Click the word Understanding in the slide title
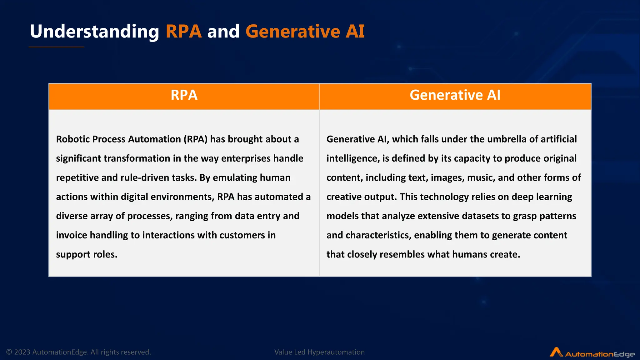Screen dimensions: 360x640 coord(94,32)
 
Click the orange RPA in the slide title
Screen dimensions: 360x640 coord(183,32)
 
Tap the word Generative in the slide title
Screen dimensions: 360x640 coord(292,32)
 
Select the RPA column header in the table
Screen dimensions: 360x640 coord(184,95)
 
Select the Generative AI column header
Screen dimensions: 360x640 coord(455,95)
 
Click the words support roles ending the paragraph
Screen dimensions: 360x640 coord(87,254)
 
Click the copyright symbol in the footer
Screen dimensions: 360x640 coord(9,352)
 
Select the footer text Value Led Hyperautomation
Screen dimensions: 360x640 coord(319,352)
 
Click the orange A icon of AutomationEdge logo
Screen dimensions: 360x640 coord(556,352)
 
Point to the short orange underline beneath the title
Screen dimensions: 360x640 coord(56,47)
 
